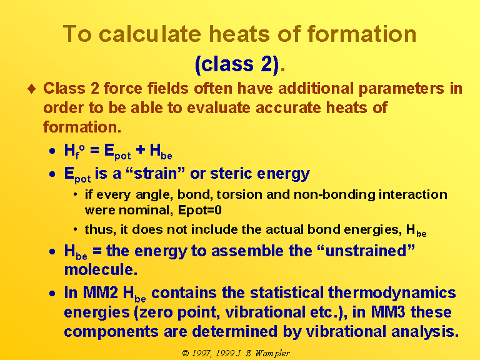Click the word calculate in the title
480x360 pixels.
click(150, 33)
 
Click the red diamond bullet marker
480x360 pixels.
click(31, 89)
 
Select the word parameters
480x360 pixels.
click(401, 89)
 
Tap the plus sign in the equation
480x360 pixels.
click(141, 150)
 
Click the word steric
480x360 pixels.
click(231, 173)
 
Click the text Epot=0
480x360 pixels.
click(199, 211)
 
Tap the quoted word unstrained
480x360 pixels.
click(366, 251)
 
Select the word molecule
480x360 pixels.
click(101, 270)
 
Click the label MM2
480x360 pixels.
click(100, 292)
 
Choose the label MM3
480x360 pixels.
click(388, 312)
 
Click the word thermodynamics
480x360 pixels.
click(392, 293)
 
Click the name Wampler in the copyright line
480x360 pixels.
click(272, 354)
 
